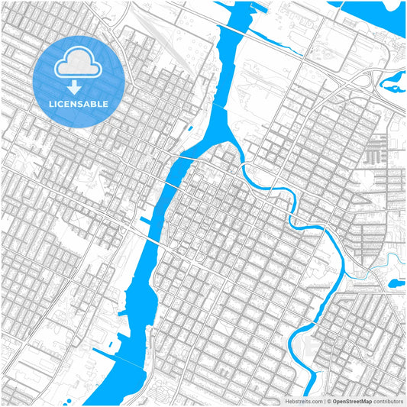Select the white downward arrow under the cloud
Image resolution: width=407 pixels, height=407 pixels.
click(74, 86)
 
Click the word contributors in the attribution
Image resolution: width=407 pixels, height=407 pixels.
click(388, 399)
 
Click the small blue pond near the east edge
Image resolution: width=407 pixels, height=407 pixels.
click(396, 283)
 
